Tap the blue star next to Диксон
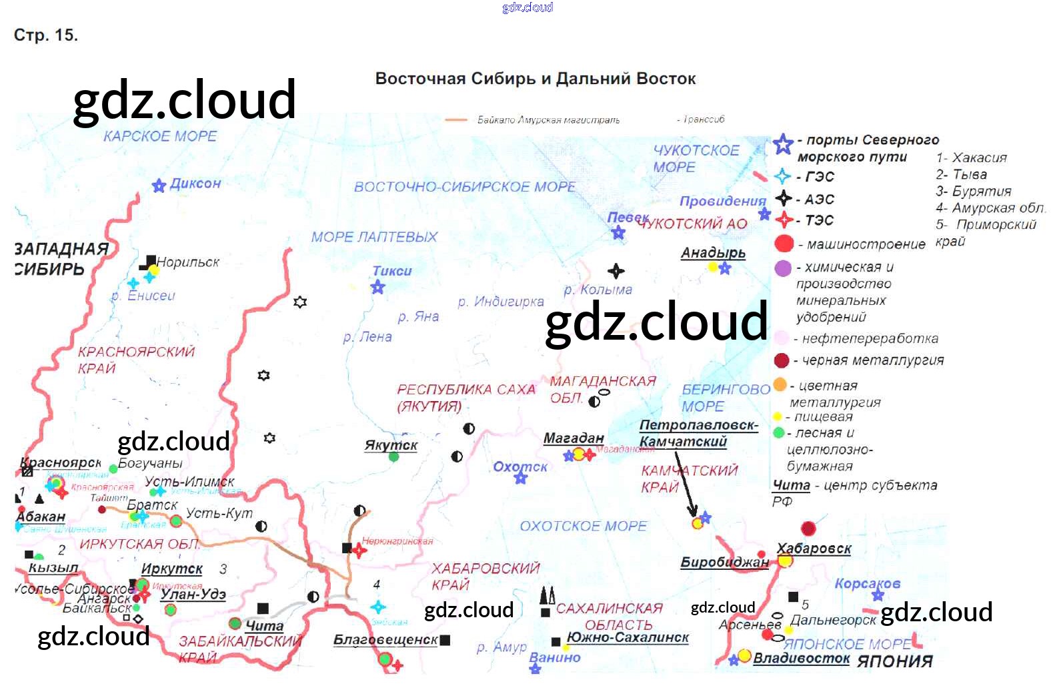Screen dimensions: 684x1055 (x=159, y=186)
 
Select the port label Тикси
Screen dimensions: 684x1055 (x=391, y=271)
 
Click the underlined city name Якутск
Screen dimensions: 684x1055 (x=391, y=445)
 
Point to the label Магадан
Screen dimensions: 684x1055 (x=574, y=438)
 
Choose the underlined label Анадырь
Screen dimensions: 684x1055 (x=713, y=253)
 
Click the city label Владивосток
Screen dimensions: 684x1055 (x=801, y=658)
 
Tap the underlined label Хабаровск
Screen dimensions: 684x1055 (x=814, y=549)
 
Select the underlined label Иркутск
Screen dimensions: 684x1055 (x=171, y=569)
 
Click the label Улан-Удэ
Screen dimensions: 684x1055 (x=193, y=594)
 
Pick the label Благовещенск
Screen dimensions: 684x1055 (x=385, y=639)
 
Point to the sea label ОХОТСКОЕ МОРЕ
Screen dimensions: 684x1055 (x=583, y=526)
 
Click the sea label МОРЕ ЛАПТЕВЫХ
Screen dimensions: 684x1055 (x=374, y=237)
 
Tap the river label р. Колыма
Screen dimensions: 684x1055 (x=598, y=290)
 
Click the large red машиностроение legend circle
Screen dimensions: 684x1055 (x=784, y=244)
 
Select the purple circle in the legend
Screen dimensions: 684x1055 (x=783, y=268)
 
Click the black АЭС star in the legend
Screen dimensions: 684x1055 (x=783, y=198)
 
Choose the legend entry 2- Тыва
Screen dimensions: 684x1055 (x=961, y=174)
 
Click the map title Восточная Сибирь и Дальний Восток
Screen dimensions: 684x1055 (x=535, y=79)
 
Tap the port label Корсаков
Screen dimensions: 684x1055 (x=867, y=583)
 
